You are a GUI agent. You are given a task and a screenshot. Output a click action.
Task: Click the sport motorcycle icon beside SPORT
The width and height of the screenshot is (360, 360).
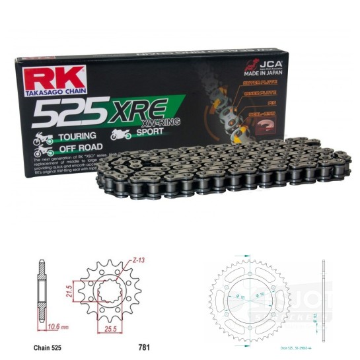(x=120, y=134)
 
